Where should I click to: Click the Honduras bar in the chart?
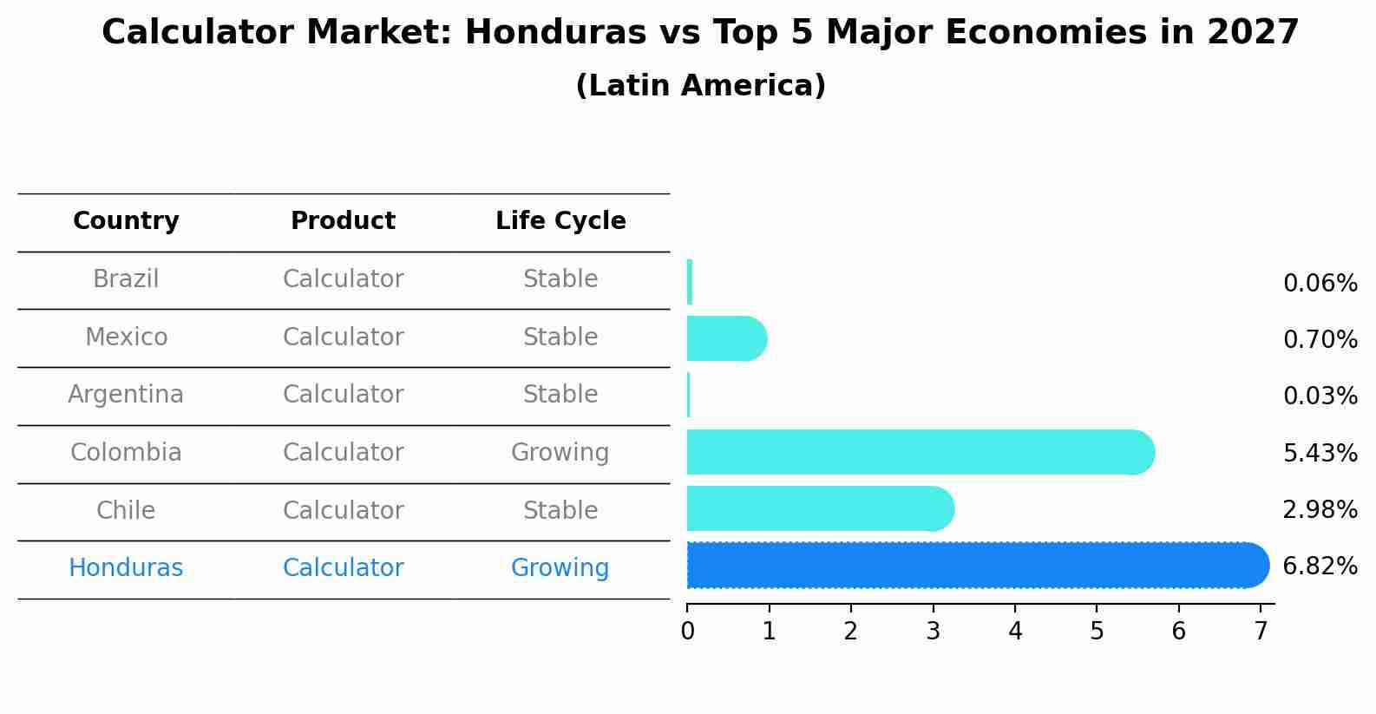point(976,566)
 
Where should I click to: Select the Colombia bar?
point(920,452)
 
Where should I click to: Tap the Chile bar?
point(820,509)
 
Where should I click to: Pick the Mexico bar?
point(726,338)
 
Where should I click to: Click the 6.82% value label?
point(1320,567)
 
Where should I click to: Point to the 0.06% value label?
point(1320,284)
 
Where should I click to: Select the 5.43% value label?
point(1320,453)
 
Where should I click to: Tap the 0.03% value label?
point(1320,396)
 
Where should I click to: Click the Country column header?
point(126,221)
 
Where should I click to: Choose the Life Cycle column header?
point(560,221)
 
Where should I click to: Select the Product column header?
point(343,221)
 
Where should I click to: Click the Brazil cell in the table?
point(126,279)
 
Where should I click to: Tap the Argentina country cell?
point(126,395)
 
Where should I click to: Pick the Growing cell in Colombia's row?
point(560,453)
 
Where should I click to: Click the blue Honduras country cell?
point(126,568)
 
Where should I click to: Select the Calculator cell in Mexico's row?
point(343,337)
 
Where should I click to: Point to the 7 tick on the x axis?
point(1261,632)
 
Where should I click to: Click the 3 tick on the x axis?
point(933,632)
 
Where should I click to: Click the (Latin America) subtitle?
point(700,86)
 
